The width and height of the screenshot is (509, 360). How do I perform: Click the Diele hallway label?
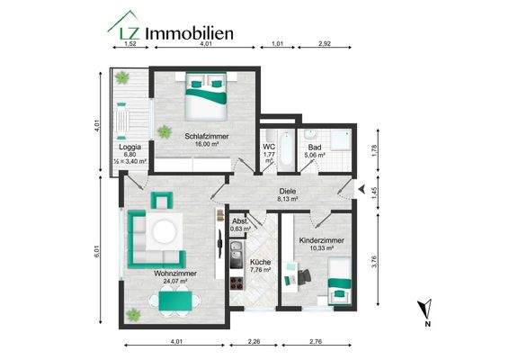point(287,192)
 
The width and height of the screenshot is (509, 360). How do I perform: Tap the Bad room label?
point(313,148)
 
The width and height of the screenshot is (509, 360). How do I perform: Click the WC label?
point(269,147)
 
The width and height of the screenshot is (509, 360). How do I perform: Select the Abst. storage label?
point(240,222)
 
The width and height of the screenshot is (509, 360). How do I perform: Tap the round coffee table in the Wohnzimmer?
point(164,232)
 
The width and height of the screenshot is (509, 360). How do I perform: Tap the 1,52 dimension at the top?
point(129,42)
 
